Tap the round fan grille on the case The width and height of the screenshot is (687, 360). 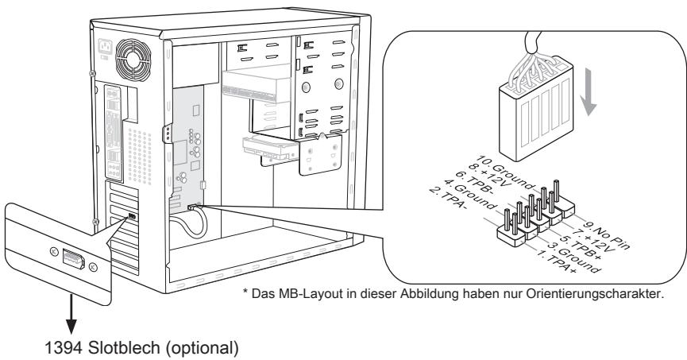click(129, 61)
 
